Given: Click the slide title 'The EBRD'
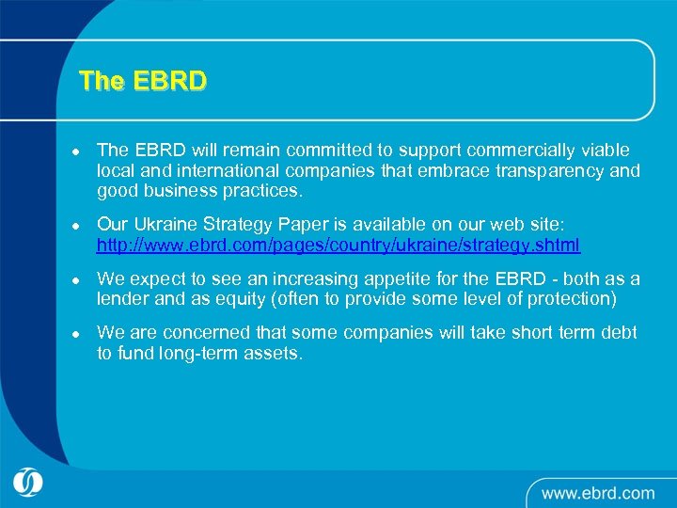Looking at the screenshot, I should (143, 81).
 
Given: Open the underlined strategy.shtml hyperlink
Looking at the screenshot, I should (338, 246).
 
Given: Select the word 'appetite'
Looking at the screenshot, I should (404, 279).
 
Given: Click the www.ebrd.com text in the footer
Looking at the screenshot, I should (597, 492).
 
